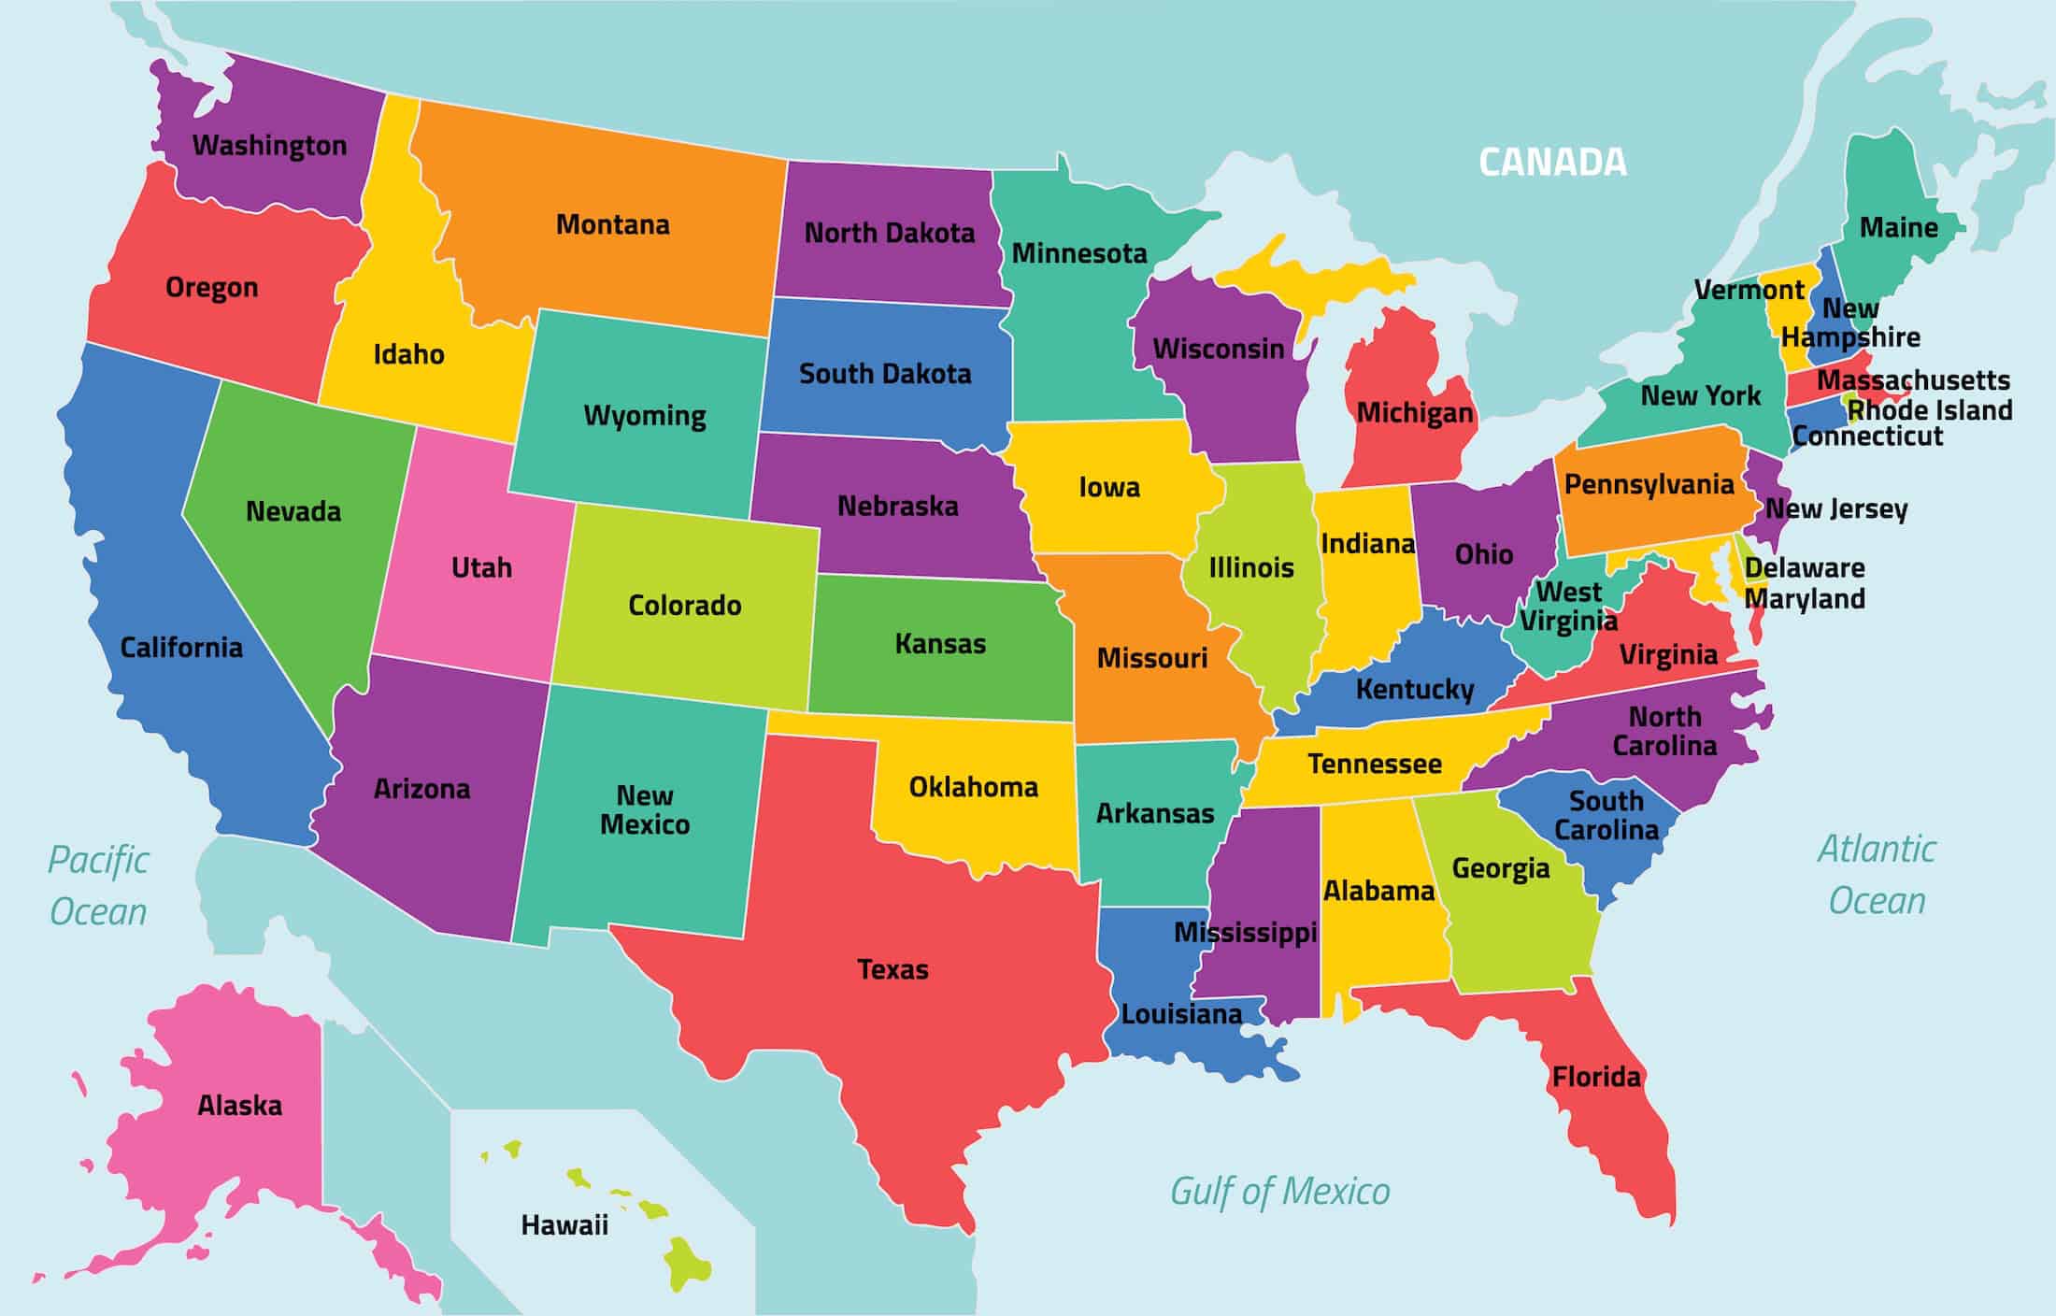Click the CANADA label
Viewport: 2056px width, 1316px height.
1552,163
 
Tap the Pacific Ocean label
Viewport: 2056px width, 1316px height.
98,885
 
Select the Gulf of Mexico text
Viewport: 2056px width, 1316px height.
1279,1192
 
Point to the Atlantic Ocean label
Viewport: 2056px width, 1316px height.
1877,875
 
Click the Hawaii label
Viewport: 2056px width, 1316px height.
564,1225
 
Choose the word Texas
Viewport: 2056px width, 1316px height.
892,970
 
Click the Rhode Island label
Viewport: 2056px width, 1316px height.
1930,410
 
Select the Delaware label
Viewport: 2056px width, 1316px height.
1805,568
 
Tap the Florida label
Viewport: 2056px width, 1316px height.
1596,1078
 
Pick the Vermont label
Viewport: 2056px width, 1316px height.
1749,290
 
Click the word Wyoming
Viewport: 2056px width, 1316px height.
645,415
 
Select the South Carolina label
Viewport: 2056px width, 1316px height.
1606,815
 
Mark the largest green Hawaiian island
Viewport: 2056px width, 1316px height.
689,1262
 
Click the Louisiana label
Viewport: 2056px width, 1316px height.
1181,1014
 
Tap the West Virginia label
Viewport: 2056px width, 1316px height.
1568,606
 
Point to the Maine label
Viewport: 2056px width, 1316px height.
1898,227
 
